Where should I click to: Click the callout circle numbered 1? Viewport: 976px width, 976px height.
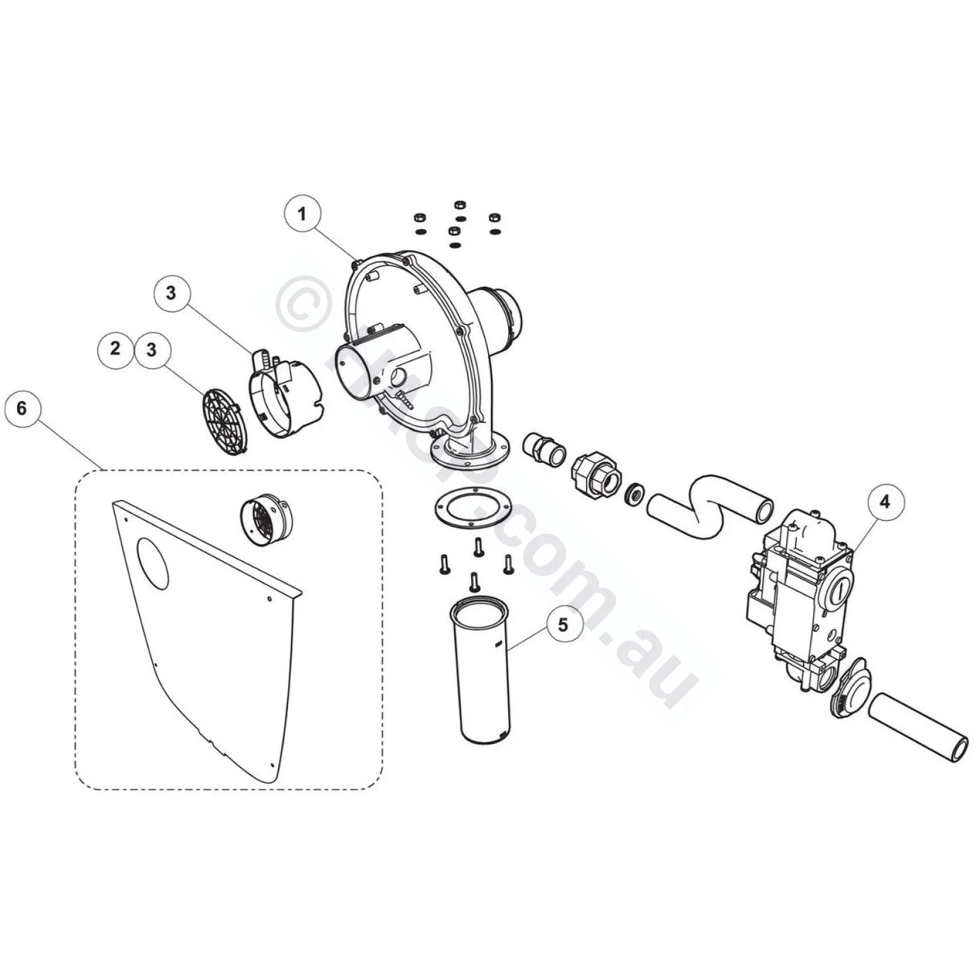[x=301, y=214]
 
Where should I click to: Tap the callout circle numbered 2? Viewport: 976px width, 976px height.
[x=115, y=349]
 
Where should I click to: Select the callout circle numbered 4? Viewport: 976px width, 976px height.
[x=884, y=502]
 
